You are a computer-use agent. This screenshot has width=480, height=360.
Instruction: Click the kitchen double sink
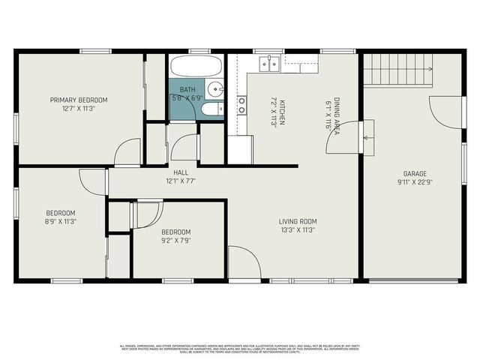pos(268,64)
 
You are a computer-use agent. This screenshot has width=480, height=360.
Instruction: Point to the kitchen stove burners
pos(241,105)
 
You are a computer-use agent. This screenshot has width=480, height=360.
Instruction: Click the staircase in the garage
pos(398,69)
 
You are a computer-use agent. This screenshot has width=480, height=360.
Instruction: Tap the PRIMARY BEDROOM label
pos(79,100)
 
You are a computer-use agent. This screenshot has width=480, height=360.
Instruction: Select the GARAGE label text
pos(415,172)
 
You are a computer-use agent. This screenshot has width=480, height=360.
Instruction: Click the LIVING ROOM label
pos(298,221)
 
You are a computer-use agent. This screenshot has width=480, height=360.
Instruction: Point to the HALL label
pos(181,172)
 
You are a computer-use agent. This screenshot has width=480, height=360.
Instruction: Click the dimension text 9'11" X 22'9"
pos(415,181)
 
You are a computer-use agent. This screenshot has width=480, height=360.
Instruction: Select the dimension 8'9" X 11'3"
pos(60,221)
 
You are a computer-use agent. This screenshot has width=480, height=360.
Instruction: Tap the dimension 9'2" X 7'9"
pos(175,241)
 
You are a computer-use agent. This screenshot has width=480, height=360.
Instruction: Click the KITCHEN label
pos(283,104)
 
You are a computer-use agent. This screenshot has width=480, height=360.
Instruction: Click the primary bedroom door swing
pos(128,152)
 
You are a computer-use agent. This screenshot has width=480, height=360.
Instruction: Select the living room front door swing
pos(244,262)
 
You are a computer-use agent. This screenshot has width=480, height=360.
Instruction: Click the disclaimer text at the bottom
pos(240,348)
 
